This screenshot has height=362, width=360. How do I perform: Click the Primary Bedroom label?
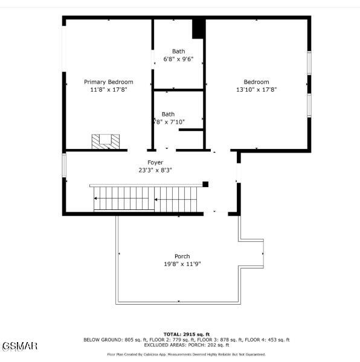point(108,82)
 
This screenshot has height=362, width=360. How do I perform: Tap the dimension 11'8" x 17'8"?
point(108,89)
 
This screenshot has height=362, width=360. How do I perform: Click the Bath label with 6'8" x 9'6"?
point(178,51)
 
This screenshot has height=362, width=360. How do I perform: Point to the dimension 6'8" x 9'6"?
point(178,59)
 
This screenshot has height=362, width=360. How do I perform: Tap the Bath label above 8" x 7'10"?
point(168,114)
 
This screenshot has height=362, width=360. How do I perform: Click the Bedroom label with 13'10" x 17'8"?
point(256,82)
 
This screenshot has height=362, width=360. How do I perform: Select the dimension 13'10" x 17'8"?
point(256,89)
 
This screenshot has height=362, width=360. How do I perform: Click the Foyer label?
point(155,162)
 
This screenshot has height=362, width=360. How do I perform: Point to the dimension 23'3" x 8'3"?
point(155,170)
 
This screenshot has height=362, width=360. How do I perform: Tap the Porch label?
point(182,256)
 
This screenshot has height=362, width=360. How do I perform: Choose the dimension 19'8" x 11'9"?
point(182,264)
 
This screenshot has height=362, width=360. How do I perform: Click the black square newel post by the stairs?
point(205,184)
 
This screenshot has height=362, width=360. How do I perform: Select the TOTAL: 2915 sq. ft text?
point(186,334)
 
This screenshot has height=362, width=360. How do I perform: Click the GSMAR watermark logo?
point(19,346)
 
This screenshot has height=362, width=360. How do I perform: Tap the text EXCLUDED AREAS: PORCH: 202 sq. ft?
point(186,345)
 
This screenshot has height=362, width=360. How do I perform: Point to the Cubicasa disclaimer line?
point(186,355)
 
